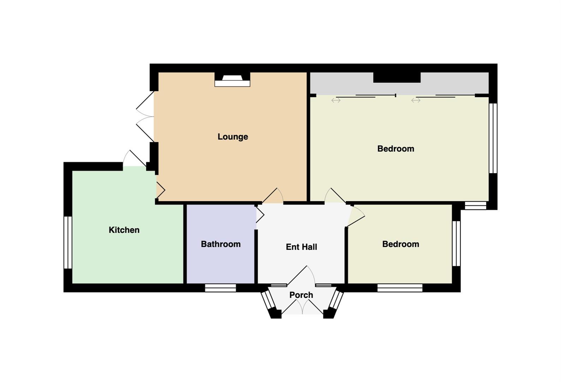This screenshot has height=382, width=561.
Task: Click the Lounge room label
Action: [x=233, y=137]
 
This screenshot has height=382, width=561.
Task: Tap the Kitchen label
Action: [x=124, y=230]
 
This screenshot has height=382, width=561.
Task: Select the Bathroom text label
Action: [x=221, y=244]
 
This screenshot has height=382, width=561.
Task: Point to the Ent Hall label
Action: [x=301, y=247]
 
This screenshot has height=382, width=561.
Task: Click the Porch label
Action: [x=301, y=295]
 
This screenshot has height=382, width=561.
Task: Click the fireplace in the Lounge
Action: [x=232, y=80]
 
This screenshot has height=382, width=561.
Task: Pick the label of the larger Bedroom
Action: [x=396, y=149]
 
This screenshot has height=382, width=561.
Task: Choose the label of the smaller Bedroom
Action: [x=401, y=244]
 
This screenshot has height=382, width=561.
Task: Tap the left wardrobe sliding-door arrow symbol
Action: [x=336, y=100]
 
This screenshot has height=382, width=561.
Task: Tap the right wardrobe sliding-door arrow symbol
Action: [x=416, y=100]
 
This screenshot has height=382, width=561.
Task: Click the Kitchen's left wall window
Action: [x=68, y=242]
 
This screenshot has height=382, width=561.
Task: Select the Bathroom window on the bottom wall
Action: [x=220, y=288]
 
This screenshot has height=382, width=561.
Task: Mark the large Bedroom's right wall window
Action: [x=493, y=138]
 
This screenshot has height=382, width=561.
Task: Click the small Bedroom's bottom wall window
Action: [x=400, y=288]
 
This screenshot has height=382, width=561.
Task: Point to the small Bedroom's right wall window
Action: [x=456, y=243]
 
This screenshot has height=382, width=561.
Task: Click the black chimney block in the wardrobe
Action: [x=397, y=77]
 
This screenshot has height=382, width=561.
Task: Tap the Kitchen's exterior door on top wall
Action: [x=135, y=158]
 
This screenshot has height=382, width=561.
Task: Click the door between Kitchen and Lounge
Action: [x=161, y=190]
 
